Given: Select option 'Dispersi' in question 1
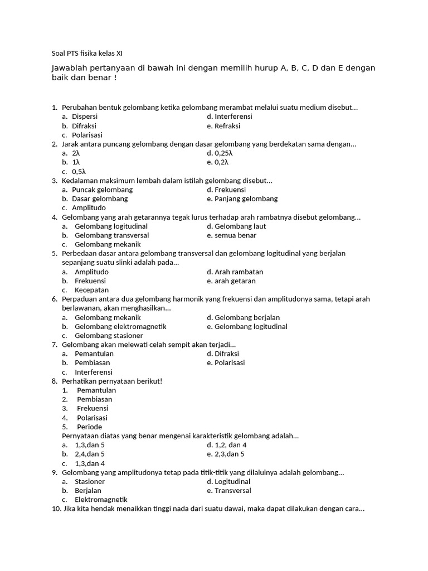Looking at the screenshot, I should point(85,117).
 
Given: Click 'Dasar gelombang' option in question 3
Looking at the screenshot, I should point(100,199).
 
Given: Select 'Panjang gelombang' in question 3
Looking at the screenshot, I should point(246,199).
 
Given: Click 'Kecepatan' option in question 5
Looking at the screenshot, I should point(92,290).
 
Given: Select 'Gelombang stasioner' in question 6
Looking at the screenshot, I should point(109,336).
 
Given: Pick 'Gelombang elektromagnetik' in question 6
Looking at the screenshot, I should point(120,327).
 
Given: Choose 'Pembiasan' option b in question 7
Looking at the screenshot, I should point(93,363).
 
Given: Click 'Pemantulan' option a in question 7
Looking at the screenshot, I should point(94,354).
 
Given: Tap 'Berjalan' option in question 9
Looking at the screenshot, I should point(88,491).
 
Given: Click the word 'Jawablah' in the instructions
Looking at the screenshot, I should point(67,68).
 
